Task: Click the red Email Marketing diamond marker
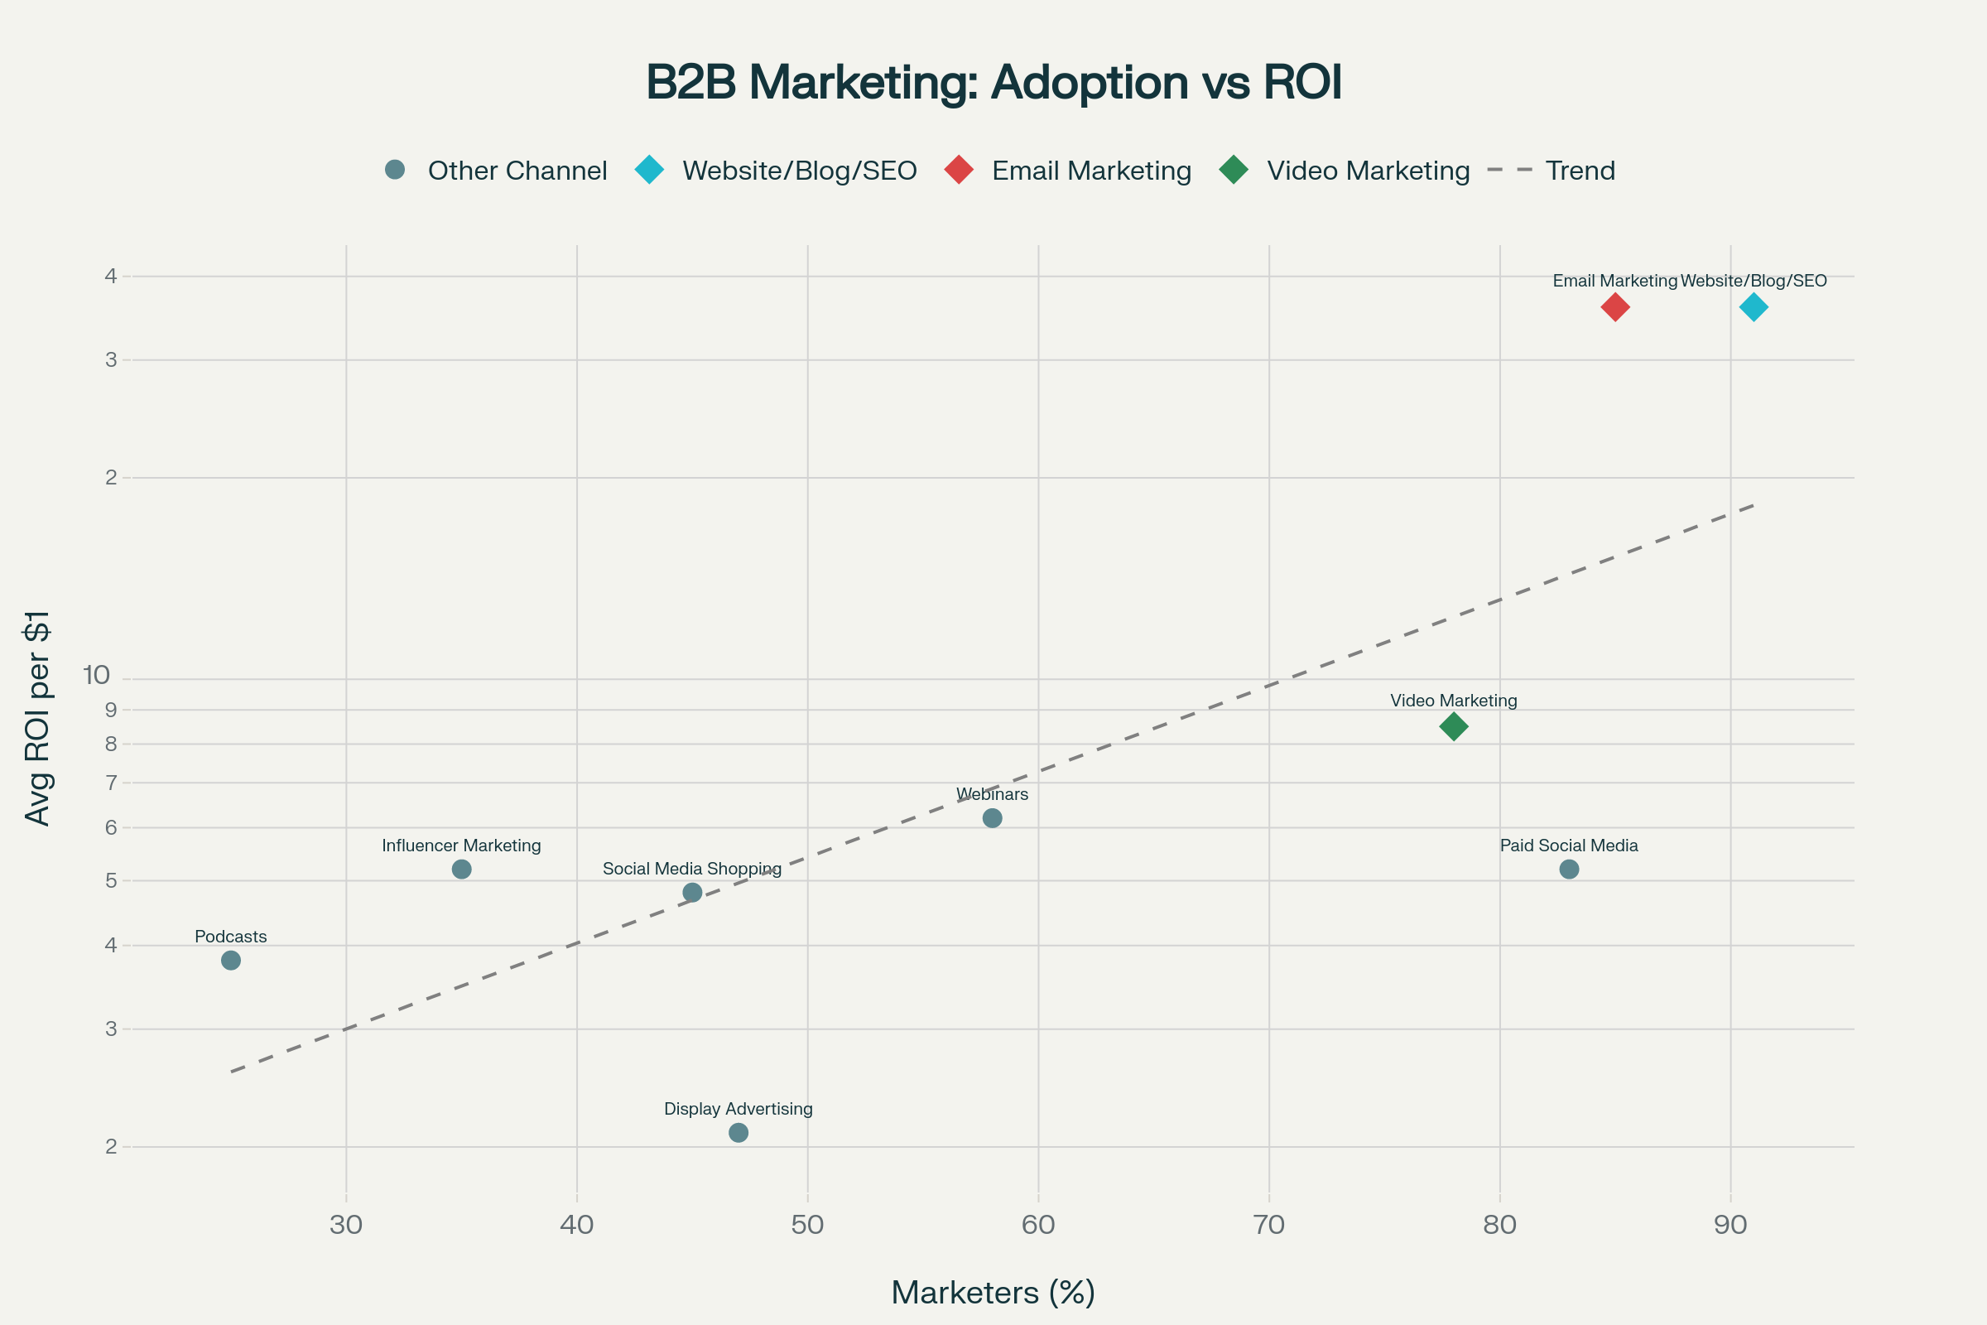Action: [1614, 306]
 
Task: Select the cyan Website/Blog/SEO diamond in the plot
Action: [1753, 306]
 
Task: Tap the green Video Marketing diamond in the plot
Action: [1453, 726]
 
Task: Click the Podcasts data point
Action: [231, 960]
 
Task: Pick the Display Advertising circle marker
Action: [739, 1132]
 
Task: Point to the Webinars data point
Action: [993, 818]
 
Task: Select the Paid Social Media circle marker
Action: [1569, 870]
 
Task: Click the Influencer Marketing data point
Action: [461, 870]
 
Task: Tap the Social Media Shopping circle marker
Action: [692, 893]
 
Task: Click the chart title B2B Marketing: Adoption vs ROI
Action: [993, 83]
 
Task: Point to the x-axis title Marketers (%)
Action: [993, 1293]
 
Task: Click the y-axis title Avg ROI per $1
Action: [38, 718]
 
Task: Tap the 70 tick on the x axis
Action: [1269, 1225]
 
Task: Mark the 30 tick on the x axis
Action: [345, 1225]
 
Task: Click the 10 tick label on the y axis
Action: [97, 675]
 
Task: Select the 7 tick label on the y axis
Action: [112, 783]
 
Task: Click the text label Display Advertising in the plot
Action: [738, 1109]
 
